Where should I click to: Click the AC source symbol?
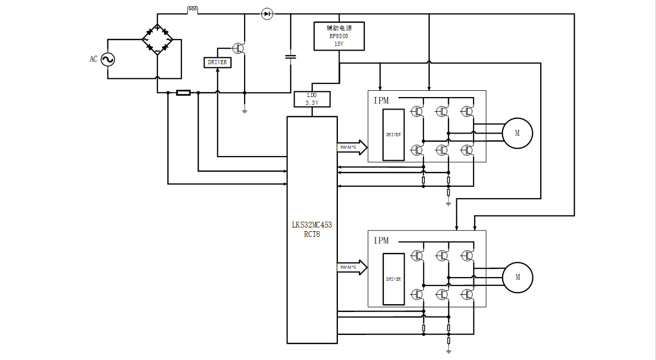click(107, 59)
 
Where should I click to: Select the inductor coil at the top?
click(192, 9)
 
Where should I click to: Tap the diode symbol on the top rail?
click(267, 14)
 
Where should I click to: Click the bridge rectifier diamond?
click(157, 40)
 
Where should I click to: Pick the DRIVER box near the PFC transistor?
click(217, 62)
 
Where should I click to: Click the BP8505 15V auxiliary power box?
click(339, 36)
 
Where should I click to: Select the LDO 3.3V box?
click(311, 99)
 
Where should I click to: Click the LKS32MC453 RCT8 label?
click(312, 230)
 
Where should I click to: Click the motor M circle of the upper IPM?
click(517, 133)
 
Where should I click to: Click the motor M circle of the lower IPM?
click(517, 277)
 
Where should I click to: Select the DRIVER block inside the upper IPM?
click(393, 135)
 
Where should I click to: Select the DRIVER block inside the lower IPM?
click(393, 279)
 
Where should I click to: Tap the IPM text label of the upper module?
click(381, 101)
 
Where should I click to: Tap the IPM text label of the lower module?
click(381, 241)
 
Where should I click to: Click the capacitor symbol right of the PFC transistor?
click(290, 56)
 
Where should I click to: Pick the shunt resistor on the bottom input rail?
click(183, 93)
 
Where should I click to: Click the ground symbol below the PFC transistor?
click(244, 110)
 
